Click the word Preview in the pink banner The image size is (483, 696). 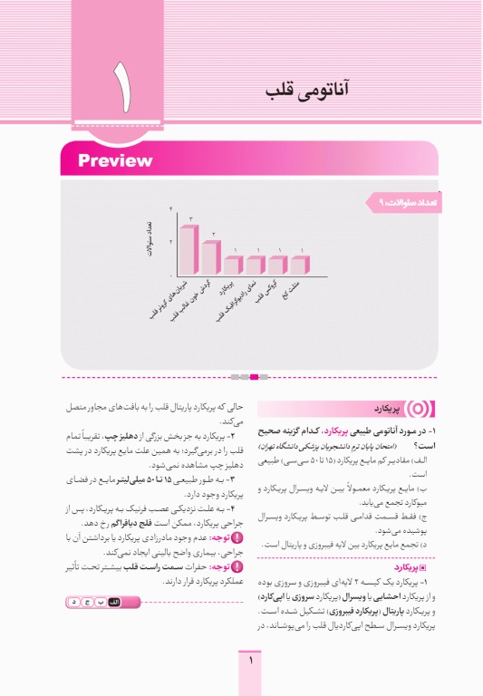pyautogui.click(x=115, y=161)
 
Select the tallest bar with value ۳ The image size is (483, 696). pyautogui.click(x=188, y=248)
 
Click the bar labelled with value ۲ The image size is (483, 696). pyautogui.click(x=211, y=256)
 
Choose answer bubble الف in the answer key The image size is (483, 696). pyautogui.click(x=114, y=602)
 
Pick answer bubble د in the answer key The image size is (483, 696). pyautogui.click(x=72, y=602)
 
